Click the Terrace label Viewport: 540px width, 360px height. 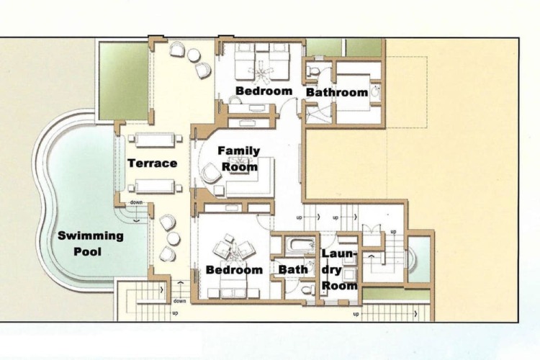(153, 163)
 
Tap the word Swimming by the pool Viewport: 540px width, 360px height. (91, 236)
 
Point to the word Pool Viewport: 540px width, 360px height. (88, 251)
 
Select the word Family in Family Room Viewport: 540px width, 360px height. (239, 151)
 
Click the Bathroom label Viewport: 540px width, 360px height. (337, 92)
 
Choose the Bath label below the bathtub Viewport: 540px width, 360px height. (293, 269)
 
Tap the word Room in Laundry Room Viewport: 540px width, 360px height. (339, 285)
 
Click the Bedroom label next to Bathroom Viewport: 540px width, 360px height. (264, 91)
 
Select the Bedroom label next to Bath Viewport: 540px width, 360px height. (234, 270)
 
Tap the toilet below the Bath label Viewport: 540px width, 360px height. (308, 290)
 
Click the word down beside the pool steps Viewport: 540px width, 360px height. (136, 202)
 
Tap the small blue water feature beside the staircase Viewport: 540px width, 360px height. (419, 259)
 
